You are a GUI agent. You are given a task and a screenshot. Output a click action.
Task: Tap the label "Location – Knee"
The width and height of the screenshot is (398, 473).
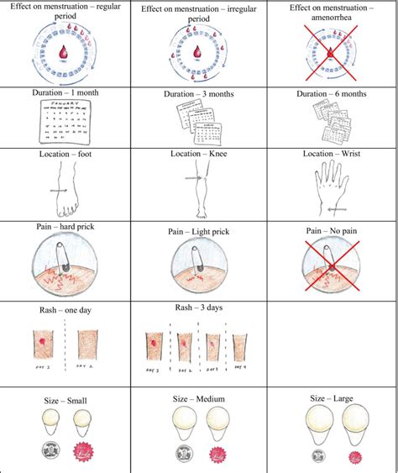tap(197, 155)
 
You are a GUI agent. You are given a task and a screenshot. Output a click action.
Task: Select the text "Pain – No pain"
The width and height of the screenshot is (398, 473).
tap(331, 229)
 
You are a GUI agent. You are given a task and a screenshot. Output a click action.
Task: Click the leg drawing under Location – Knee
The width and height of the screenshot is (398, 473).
tap(198, 189)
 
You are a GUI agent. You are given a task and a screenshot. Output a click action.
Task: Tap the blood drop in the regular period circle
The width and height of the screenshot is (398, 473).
tap(64, 53)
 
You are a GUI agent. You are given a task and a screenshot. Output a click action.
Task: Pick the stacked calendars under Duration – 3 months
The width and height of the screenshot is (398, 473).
tap(198, 124)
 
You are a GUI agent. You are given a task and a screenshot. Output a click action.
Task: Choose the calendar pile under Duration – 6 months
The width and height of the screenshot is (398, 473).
tap(331, 122)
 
